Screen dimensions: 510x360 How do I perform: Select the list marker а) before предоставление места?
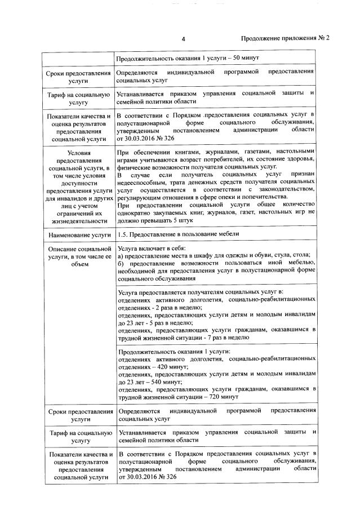pos(121,256)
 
